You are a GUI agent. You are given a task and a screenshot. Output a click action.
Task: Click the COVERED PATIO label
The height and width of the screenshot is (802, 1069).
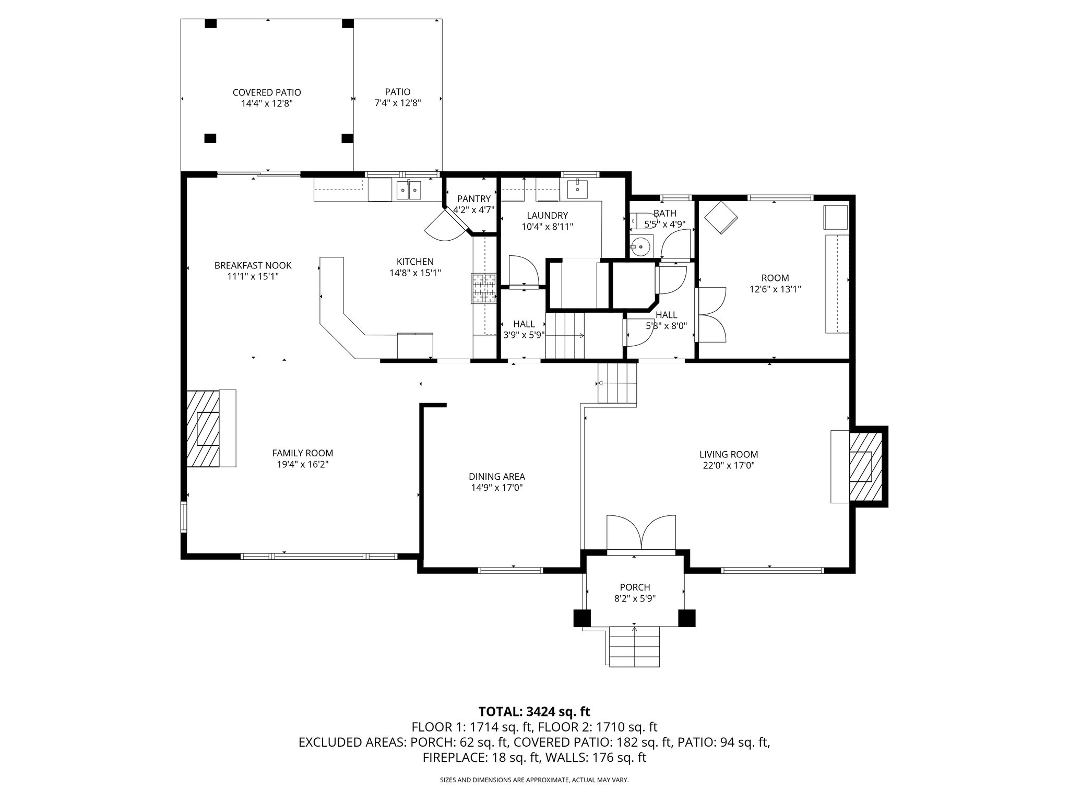tap(267, 92)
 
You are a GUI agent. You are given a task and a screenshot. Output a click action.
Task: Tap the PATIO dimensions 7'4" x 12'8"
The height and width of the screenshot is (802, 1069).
tap(398, 103)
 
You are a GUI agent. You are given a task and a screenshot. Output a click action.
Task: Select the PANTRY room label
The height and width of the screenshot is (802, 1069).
tap(473, 199)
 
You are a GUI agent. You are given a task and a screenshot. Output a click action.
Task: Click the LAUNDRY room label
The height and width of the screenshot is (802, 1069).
tap(547, 215)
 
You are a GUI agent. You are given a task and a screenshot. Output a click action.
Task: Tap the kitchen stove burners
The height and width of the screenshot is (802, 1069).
tap(483, 289)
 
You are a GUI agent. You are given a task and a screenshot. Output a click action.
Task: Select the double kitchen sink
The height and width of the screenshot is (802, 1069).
tap(409, 190)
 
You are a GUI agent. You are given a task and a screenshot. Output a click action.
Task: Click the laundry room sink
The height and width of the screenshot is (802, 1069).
tap(578, 190)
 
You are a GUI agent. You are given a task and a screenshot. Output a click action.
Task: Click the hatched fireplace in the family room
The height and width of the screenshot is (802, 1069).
tap(204, 428)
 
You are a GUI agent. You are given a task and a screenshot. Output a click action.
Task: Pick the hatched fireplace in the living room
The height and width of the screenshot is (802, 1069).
tap(865, 466)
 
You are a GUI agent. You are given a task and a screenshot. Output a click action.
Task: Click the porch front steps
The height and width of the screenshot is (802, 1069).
tap(635, 648)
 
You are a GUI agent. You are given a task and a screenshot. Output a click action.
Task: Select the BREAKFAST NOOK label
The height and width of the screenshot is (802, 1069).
tap(253, 265)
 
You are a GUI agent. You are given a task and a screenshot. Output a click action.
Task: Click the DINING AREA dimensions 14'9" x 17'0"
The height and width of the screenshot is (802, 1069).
tap(496, 488)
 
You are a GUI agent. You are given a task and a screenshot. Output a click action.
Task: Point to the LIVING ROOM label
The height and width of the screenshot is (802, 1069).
tap(729, 455)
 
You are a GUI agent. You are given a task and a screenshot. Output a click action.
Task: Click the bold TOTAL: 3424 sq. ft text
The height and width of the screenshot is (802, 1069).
tap(534, 711)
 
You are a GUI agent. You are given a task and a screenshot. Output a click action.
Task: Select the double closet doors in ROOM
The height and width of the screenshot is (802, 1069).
tap(711, 314)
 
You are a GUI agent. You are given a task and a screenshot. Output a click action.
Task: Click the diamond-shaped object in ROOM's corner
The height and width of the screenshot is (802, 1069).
tap(721, 217)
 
